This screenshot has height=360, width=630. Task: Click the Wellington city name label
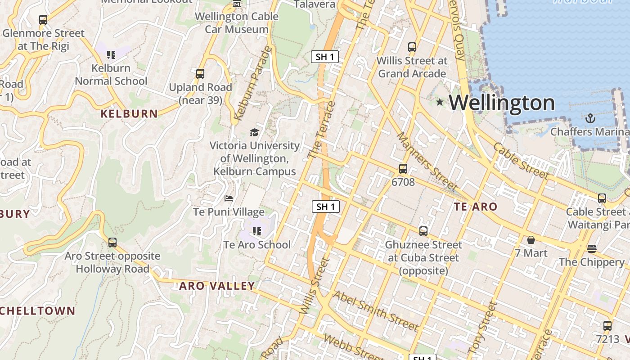tap(502, 103)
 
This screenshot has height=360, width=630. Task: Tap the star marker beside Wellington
tap(440, 103)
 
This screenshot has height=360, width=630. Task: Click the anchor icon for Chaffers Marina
tap(590, 118)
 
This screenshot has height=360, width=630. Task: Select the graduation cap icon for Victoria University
tap(255, 132)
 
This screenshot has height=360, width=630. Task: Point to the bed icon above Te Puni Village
tap(229, 198)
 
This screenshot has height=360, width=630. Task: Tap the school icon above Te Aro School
tap(257, 231)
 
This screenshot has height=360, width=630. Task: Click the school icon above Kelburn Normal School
tap(111, 55)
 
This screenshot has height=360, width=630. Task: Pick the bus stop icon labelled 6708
tap(403, 169)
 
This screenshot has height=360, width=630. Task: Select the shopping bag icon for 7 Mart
tap(531, 240)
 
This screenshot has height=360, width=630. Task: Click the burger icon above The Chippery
tap(592, 248)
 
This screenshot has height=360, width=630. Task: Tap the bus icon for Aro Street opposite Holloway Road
tap(112, 243)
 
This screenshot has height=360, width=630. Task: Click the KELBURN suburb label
tap(129, 114)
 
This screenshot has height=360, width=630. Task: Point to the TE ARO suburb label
tap(476, 207)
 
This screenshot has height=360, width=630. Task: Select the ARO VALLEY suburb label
tap(217, 286)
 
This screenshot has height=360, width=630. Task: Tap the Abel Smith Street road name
tap(376, 310)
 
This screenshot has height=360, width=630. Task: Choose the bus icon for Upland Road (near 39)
tap(200, 73)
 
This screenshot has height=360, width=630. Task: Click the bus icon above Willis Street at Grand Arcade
tap(412, 47)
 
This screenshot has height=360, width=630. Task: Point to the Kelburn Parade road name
tap(253, 84)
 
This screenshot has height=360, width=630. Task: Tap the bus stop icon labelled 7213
tap(607, 326)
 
